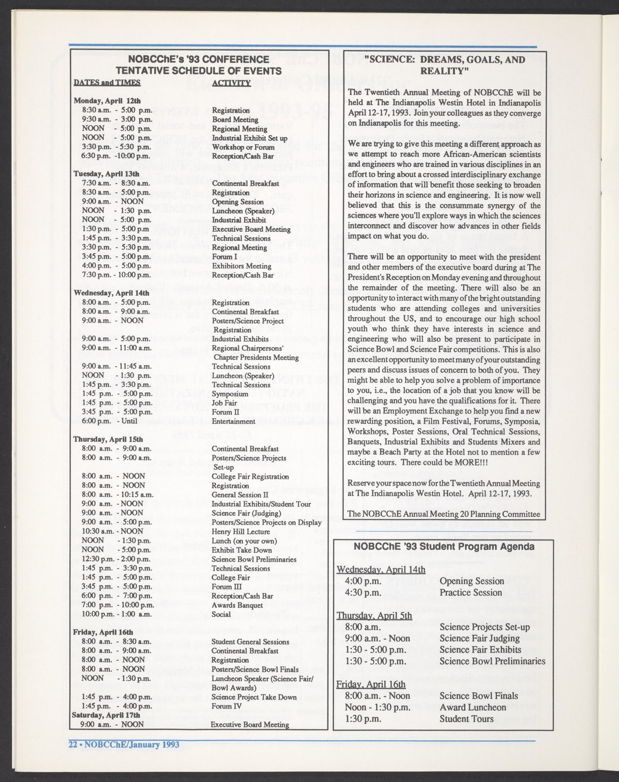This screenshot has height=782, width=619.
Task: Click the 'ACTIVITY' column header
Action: [231, 83]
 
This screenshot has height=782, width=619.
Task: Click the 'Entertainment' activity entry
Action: [233, 421]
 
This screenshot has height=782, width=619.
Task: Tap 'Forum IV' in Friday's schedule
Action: [226, 706]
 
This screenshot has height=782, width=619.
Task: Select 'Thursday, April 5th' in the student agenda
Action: [374, 615]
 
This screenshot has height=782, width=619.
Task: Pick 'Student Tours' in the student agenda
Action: [466, 719]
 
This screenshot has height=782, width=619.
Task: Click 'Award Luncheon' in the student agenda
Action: [473, 707]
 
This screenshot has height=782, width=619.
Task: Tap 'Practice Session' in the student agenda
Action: [470, 593]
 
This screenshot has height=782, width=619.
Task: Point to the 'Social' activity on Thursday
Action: [222, 614]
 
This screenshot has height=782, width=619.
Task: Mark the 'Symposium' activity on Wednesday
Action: [230, 394]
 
